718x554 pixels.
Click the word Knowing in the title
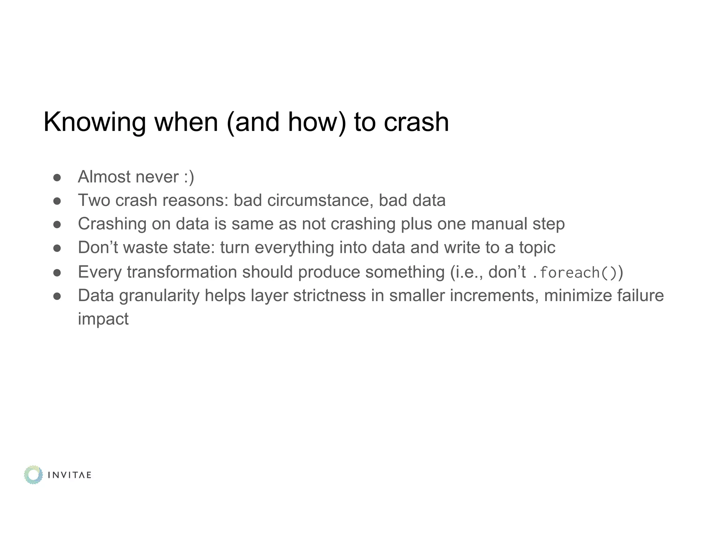pyautogui.click(x=94, y=123)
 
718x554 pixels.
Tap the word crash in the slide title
pyautogui.click(x=416, y=123)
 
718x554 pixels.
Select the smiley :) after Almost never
pyautogui.click(x=189, y=177)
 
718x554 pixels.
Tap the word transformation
pyautogui.click(x=182, y=272)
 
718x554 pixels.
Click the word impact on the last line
pyautogui.click(x=103, y=319)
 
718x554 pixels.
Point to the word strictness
pyautogui.click(x=329, y=295)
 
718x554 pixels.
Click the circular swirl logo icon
pyautogui.click(x=33, y=475)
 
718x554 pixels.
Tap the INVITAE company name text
pyautogui.click(x=69, y=475)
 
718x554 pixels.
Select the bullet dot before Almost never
pyautogui.click(x=57, y=178)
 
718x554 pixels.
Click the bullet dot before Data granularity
pyautogui.click(x=57, y=296)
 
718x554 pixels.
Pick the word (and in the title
pyautogui.click(x=253, y=123)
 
